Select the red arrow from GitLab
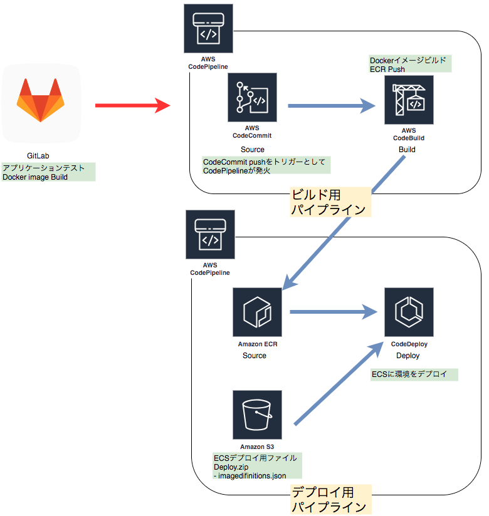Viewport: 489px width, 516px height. click(132, 106)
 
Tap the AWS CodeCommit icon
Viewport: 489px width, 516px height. click(252, 96)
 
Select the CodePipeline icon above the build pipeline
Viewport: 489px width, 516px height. click(208, 29)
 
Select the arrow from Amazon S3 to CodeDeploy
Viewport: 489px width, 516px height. click(339, 384)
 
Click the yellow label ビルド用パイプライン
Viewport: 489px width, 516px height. click(330, 201)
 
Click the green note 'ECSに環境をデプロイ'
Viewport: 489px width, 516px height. click(414, 374)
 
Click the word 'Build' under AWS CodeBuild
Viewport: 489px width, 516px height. click(407, 150)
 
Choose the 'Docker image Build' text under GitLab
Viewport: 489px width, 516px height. click(35, 177)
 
